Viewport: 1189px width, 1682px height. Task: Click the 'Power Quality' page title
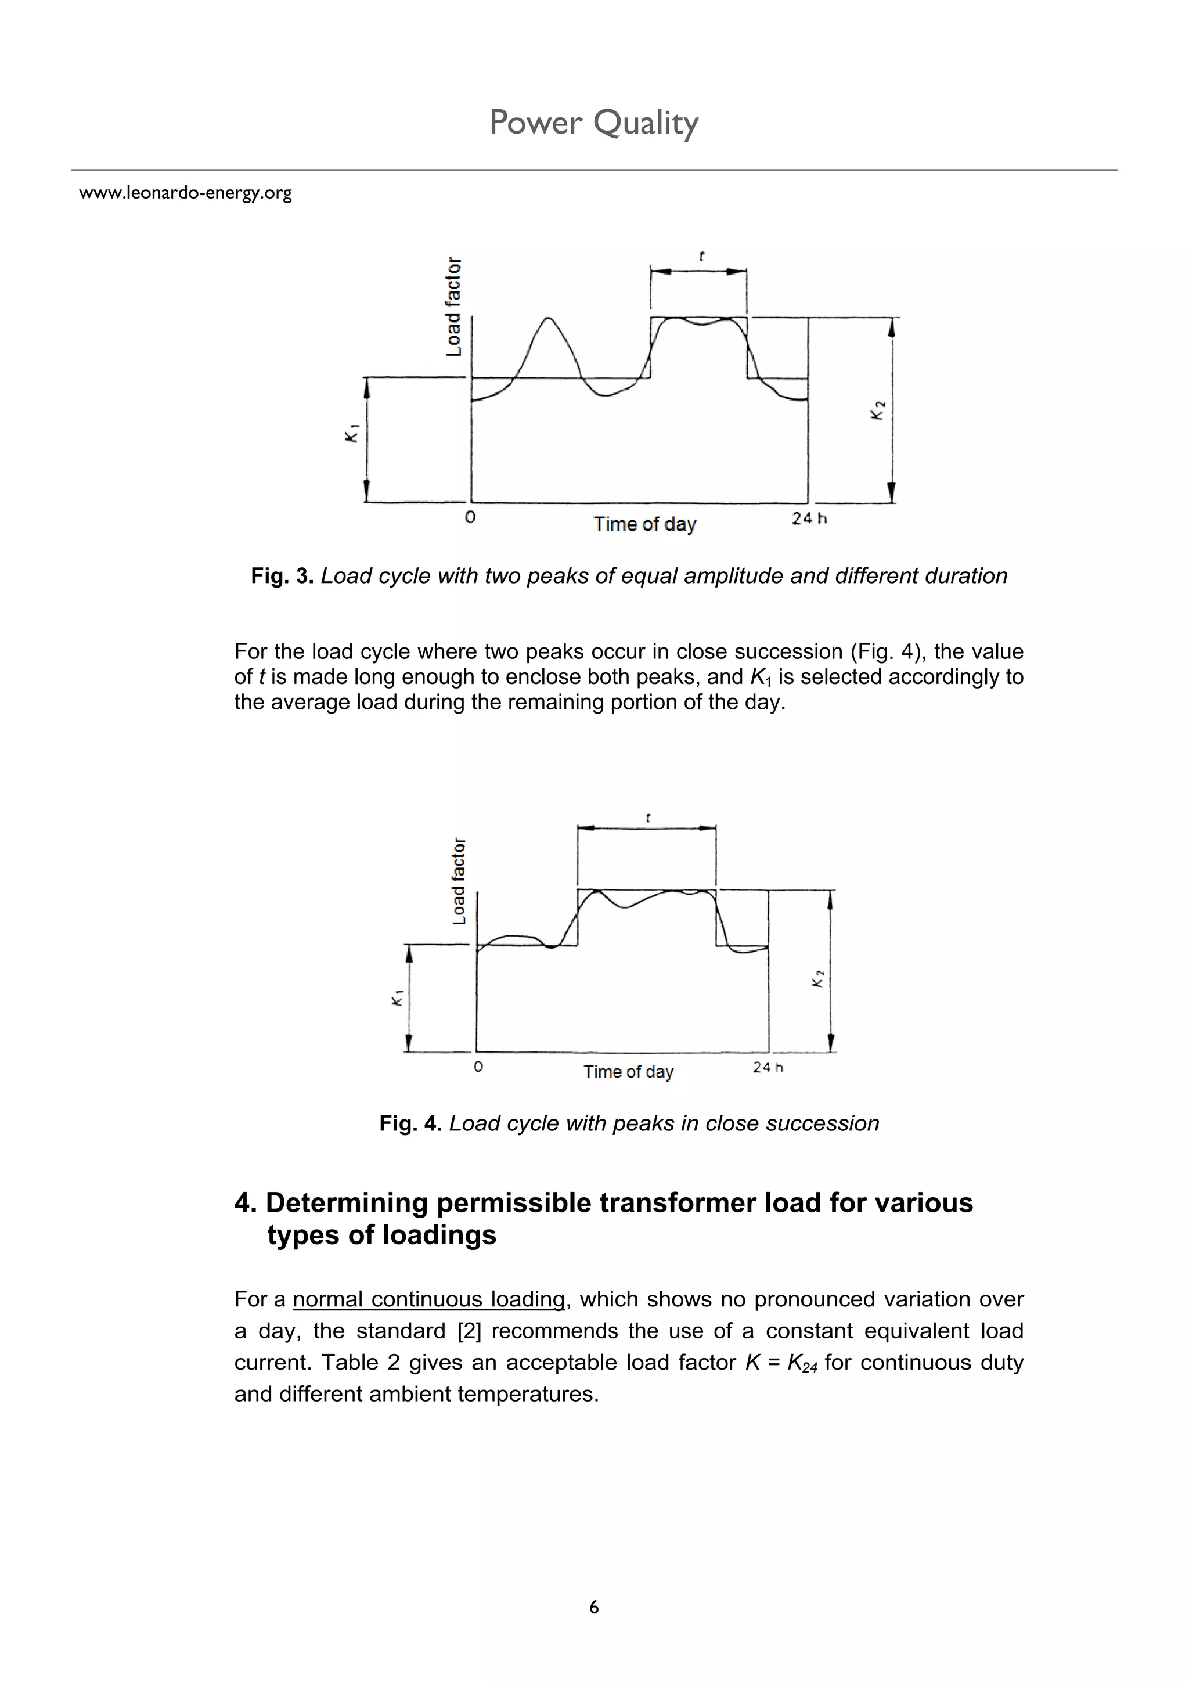[x=593, y=123]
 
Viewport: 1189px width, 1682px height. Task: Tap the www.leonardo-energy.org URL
[x=185, y=193]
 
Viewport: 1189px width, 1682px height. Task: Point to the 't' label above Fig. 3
[x=702, y=257]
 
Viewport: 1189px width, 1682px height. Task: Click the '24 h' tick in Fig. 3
[x=809, y=518]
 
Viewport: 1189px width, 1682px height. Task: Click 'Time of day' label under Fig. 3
[x=644, y=524]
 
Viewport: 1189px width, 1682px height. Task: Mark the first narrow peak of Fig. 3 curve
[x=549, y=319]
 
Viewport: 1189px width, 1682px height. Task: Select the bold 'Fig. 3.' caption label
[x=282, y=576]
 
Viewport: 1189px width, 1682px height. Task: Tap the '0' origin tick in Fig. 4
[x=478, y=1067]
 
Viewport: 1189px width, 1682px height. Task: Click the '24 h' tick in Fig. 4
[x=768, y=1067]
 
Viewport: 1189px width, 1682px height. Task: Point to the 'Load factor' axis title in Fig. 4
[x=459, y=881]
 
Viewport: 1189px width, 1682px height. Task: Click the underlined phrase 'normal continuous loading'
[x=428, y=1299]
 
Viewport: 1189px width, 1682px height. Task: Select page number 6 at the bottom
[x=593, y=1607]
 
